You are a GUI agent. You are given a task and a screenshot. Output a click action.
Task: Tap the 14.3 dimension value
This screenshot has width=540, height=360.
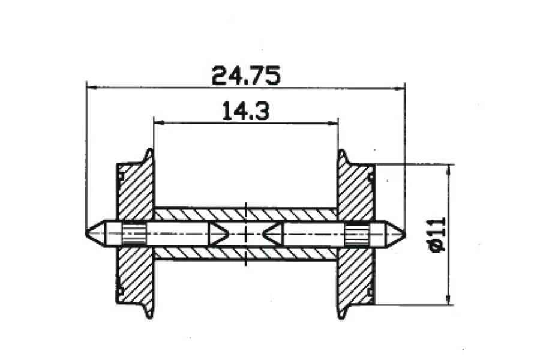[245, 110]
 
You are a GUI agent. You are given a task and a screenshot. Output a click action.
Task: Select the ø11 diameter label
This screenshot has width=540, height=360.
[439, 234]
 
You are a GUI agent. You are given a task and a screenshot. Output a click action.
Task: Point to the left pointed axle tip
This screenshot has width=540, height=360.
[86, 233]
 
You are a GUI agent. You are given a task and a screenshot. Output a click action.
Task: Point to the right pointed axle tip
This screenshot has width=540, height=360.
[405, 234]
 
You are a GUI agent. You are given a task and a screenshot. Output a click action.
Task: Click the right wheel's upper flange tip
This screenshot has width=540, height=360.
[341, 151]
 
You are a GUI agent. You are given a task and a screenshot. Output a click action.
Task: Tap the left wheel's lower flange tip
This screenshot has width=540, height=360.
[149, 317]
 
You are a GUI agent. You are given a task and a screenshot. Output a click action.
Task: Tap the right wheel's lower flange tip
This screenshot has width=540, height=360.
[341, 317]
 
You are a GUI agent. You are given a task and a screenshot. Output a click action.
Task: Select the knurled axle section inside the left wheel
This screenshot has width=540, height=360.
[134, 233]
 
